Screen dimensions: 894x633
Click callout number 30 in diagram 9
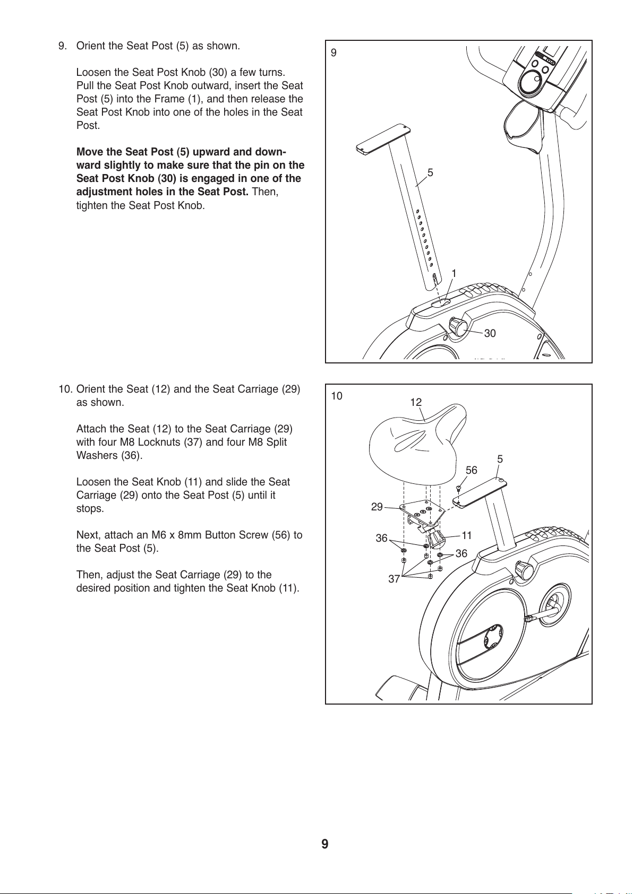[490, 333]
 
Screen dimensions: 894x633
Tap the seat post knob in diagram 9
[458, 325]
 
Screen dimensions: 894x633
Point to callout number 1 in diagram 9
[454, 273]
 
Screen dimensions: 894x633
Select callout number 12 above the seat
[416, 402]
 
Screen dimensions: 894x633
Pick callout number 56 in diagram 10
[472, 470]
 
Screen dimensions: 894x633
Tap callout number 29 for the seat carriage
[377, 507]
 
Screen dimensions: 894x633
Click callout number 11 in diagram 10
[467, 535]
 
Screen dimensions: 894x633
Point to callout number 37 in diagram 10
[394, 579]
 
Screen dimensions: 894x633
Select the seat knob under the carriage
[437, 539]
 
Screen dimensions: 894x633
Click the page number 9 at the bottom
[324, 844]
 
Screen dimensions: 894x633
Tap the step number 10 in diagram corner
[337, 396]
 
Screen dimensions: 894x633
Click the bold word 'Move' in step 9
[90, 152]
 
